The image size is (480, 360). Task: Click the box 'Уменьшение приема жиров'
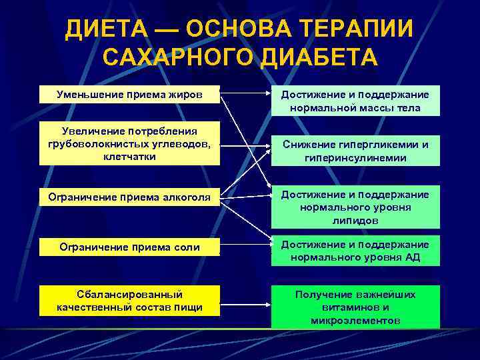pos(129,94)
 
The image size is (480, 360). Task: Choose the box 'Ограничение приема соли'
pos(129,247)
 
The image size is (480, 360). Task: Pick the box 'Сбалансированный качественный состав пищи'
pos(129,301)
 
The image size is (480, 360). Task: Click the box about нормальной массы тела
pos(355,101)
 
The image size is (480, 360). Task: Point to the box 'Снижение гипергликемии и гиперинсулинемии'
pos(355,151)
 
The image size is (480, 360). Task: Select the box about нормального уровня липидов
pos(355,207)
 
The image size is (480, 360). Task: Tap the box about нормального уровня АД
pos(355,251)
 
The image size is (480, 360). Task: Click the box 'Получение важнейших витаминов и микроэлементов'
pos(355,307)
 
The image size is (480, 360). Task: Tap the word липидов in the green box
pos(355,220)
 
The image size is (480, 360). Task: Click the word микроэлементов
pos(355,321)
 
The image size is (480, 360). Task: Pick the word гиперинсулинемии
pos(355,159)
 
